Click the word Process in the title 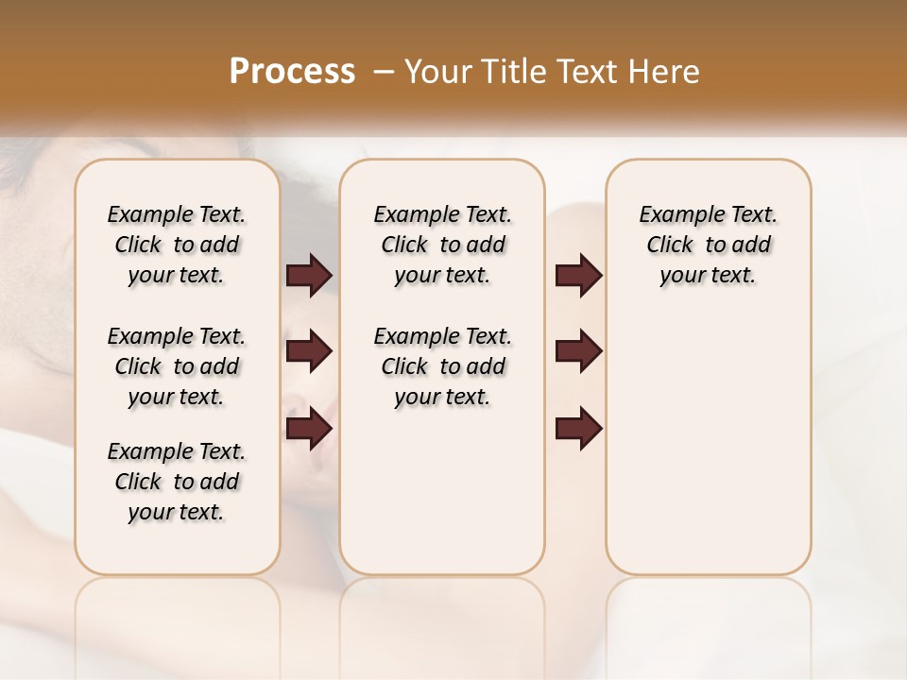click(292, 71)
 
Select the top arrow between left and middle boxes click(309, 276)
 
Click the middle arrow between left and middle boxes click(309, 352)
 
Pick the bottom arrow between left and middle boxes click(309, 428)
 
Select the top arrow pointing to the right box click(578, 276)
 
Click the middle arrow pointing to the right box click(578, 352)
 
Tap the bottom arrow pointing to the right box click(578, 428)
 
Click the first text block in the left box click(177, 245)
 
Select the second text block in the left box click(177, 366)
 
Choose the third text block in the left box click(177, 482)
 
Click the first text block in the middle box click(442, 245)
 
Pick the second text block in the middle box click(442, 366)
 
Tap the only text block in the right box click(708, 245)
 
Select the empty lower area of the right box click(708, 453)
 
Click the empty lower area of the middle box click(442, 491)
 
